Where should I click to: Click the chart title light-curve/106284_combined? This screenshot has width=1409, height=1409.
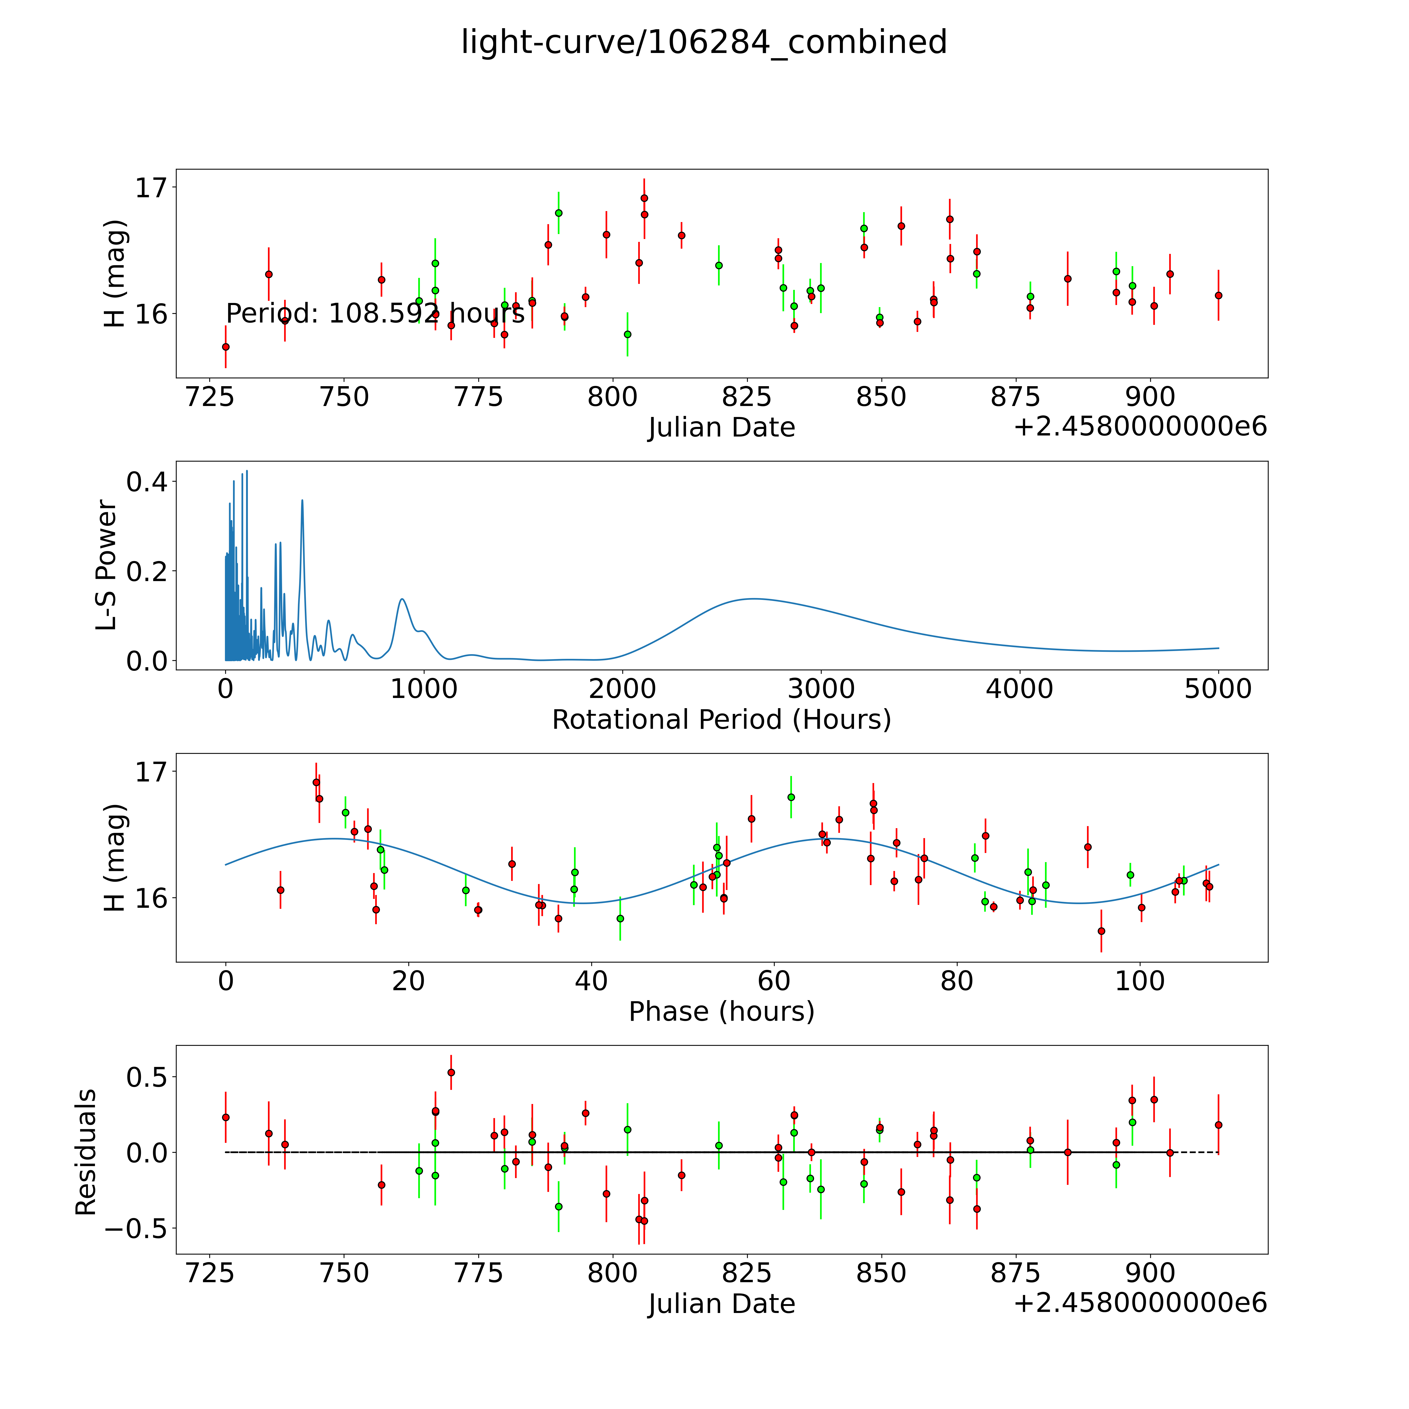[704, 42]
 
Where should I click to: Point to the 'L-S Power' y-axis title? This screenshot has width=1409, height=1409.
[106, 565]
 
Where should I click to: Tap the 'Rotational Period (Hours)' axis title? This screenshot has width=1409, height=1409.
[721, 720]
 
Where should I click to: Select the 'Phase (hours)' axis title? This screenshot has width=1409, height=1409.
[721, 1012]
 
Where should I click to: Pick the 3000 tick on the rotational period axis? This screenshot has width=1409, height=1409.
[821, 689]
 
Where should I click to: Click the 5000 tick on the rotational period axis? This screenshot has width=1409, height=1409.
[1218, 689]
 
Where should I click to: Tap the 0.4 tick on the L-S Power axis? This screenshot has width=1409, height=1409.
[147, 482]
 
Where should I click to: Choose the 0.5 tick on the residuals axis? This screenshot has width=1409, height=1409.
[147, 1077]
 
